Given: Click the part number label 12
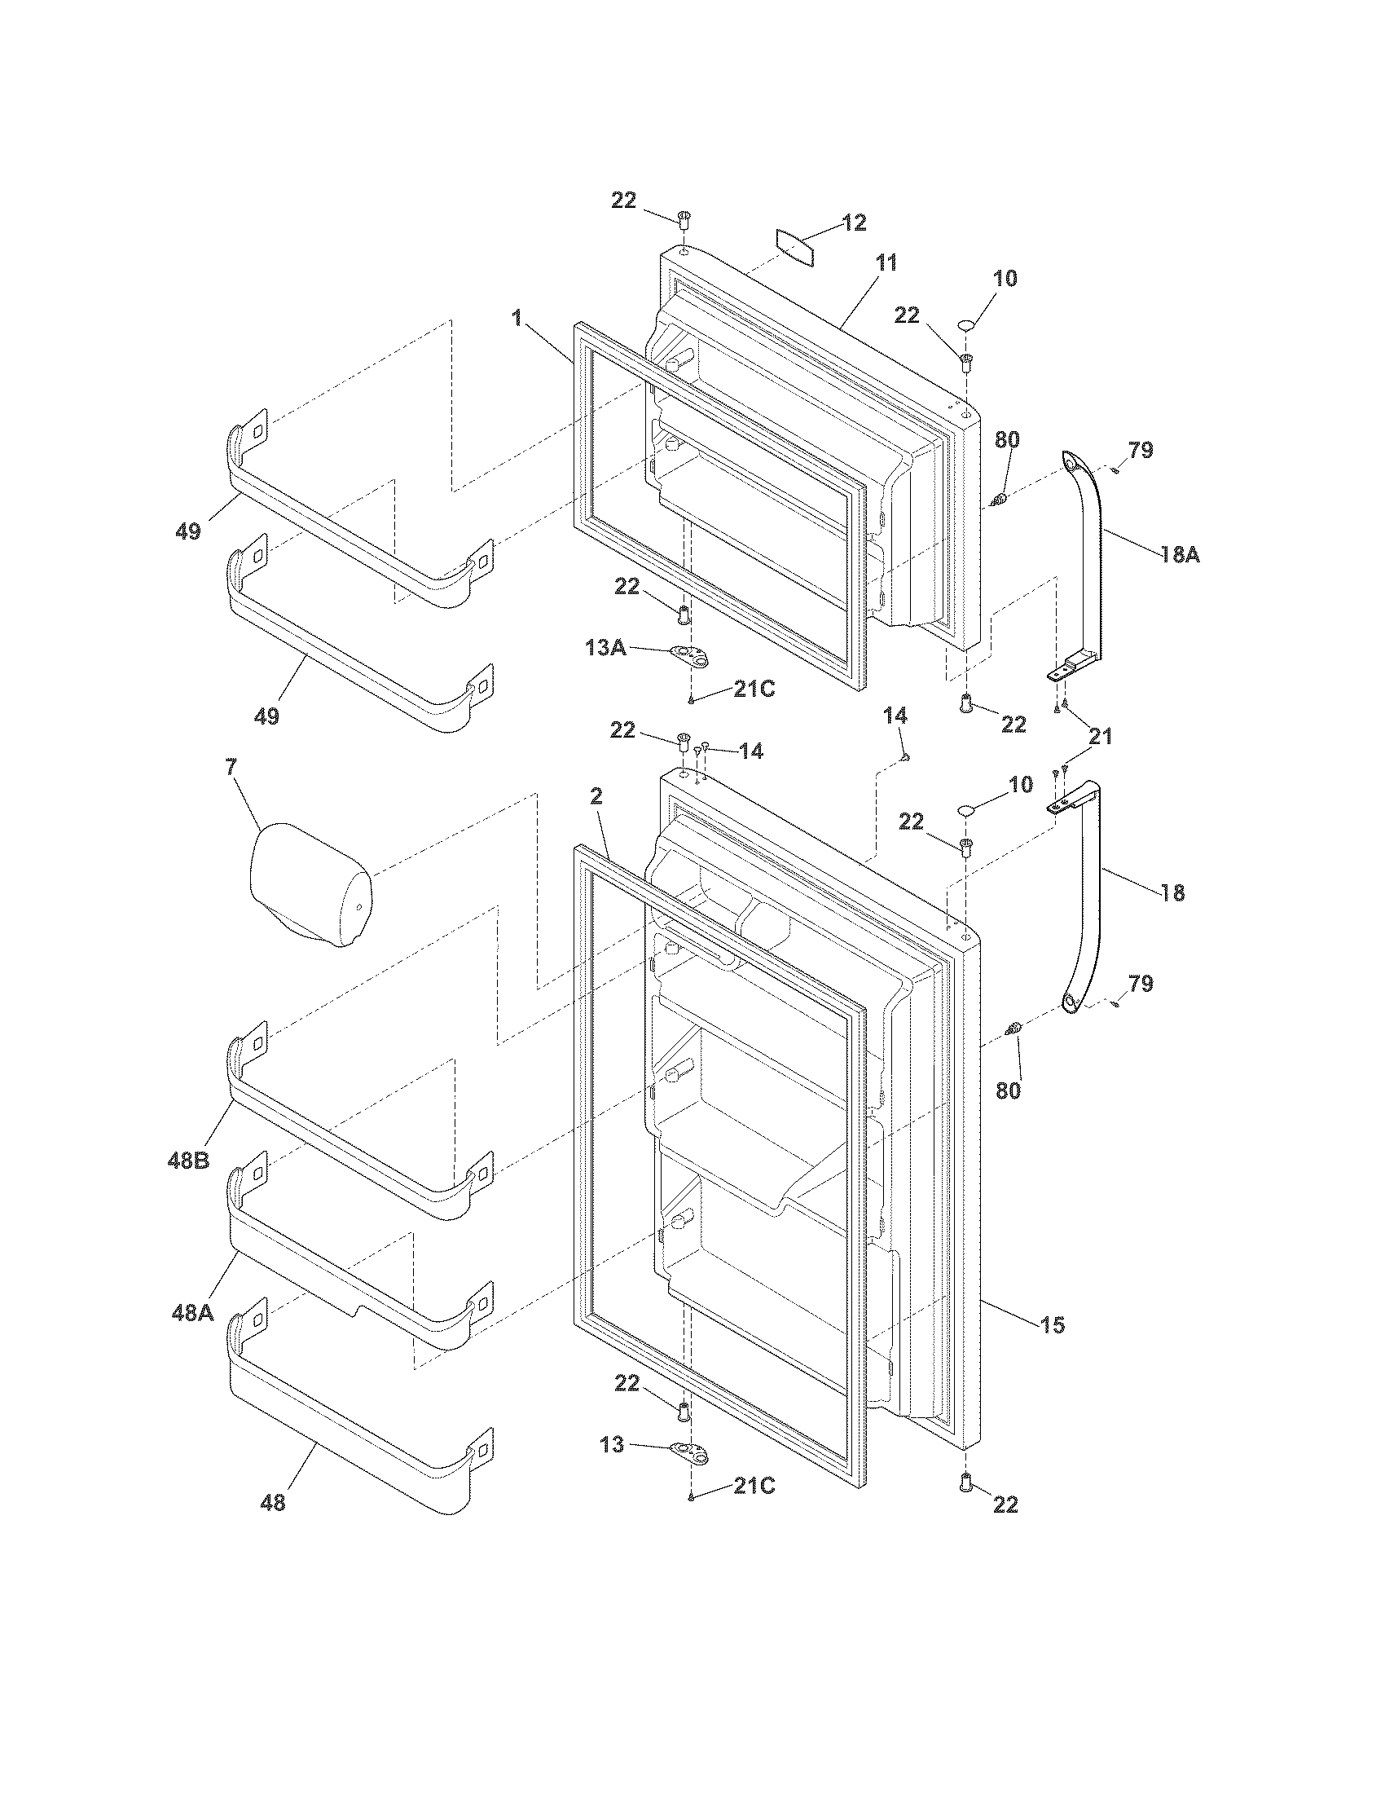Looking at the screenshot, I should click(854, 223).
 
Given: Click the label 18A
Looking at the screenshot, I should click(1180, 555).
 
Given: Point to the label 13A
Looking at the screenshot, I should click(605, 648).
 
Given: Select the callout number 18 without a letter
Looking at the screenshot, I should click(1173, 893).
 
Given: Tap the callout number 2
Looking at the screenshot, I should click(596, 795).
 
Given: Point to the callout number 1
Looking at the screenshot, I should click(517, 319).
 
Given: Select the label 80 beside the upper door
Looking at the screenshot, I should click(1007, 439).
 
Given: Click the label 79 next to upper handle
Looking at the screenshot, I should click(1141, 450).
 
